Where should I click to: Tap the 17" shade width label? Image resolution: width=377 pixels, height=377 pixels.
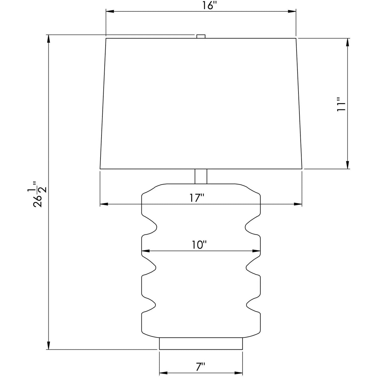pyautogui.click(x=197, y=198)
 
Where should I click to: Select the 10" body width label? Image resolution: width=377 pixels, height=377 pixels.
pyautogui.click(x=199, y=245)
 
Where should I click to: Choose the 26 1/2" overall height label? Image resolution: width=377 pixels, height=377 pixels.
pyautogui.click(x=37, y=194)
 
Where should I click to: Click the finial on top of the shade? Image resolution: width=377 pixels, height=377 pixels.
pyautogui.click(x=201, y=36)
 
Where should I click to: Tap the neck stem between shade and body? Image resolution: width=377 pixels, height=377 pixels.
pyautogui.click(x=201, y=176)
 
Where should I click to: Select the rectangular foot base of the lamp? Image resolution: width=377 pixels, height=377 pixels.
pyautogui.click(x=201, y=343)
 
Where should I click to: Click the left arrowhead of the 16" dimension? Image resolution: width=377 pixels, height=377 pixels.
pyautogui.click(x=110, y=12)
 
